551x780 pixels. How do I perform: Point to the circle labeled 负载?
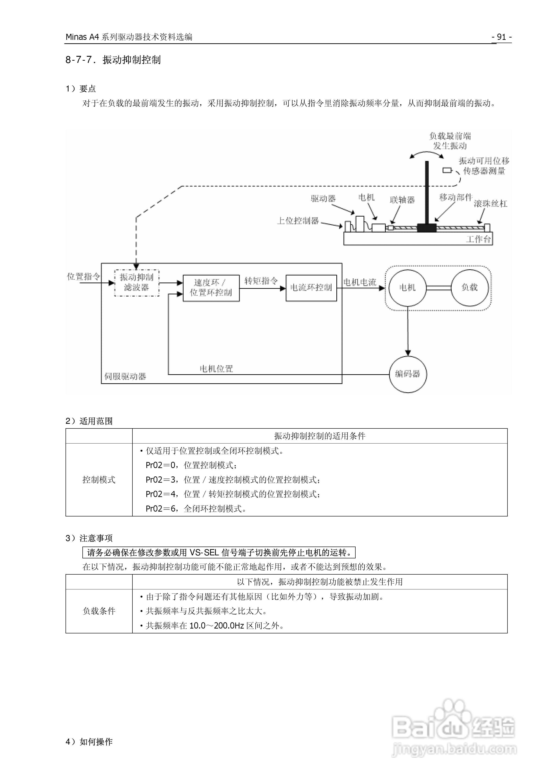click(x=470, y=287)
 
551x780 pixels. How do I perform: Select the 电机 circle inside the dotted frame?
click(x=407, y=288)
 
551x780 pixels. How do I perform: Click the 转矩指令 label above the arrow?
click(x=261, y=281)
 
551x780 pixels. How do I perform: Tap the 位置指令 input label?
click(x=84, y=277)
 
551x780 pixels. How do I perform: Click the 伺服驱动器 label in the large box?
click(x=125, y=376)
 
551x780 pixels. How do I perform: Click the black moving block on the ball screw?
click(x=427, y=228)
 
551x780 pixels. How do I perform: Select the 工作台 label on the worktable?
click(x=478, y=239)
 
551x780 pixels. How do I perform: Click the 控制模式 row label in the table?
click(x=99, y=480)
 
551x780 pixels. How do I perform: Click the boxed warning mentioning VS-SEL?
click(x=219, y=553)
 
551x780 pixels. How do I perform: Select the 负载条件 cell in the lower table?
click(x=99, y=611)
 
